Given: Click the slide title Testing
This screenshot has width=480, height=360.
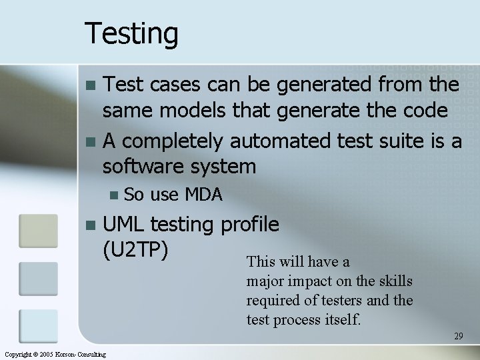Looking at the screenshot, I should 131,33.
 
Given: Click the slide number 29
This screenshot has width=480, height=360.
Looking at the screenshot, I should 458,336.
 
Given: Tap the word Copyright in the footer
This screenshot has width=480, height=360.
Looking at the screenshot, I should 17,354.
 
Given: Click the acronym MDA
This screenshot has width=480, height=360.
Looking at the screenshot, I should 203,195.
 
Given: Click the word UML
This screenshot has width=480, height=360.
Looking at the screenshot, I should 127,224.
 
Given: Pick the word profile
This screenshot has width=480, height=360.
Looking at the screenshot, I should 249,225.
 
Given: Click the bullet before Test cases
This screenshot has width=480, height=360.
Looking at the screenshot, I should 91,85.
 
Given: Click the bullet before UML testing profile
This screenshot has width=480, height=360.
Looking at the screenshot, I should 91,225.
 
